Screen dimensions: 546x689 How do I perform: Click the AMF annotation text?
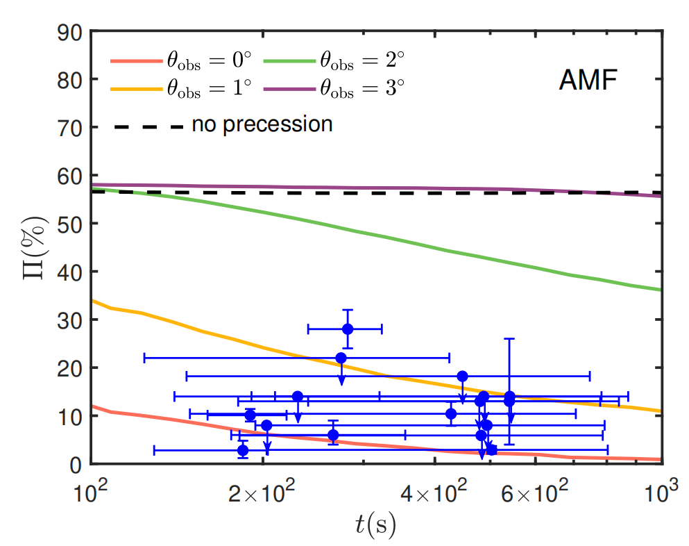[x=588, y=82]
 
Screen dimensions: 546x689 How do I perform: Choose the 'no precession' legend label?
[x=262, y=124]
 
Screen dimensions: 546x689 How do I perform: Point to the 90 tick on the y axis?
[x=72, y=32]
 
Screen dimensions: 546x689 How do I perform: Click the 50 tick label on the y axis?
[x=72, y=224]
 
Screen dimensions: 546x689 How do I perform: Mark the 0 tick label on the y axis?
[x=77, y=464]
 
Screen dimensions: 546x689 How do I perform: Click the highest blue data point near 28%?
[x=348, y=329]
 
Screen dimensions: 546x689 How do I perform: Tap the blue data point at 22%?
[x=341, y=358]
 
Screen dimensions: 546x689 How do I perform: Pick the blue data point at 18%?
[x=463, y=376]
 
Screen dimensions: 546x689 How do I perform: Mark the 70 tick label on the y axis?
[x=72, y=128]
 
